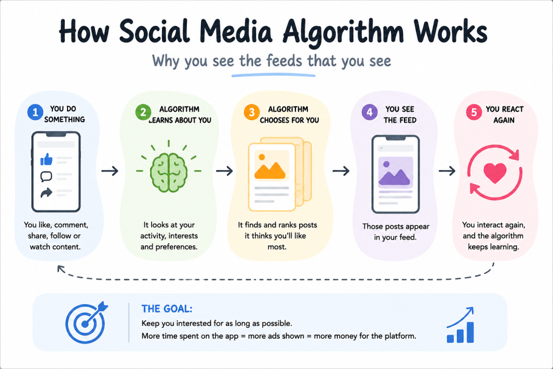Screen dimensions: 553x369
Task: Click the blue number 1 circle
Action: click(x=35, y=112)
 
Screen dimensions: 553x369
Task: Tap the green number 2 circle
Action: click(x=143, y=112)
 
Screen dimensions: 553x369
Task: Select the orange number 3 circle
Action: click(x=252, y=112)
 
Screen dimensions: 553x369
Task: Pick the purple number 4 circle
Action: click(x=369, y=112)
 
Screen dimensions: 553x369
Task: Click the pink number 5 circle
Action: click(x=474, y=112)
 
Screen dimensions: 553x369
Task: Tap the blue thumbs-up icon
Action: click(x=46, y=159)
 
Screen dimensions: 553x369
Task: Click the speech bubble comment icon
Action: click(x=46, y=176)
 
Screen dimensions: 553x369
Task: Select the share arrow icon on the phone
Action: click(x=46, y=193)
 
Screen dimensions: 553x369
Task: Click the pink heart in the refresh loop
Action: click(x=495, y=172)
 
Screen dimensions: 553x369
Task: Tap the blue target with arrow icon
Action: click(x=86, y=323)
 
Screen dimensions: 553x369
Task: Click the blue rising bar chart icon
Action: click(x=460, y=325)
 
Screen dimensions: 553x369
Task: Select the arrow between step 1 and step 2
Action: click(x=110, y=171)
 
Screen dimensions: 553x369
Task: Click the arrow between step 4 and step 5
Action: click(x=447, y=171)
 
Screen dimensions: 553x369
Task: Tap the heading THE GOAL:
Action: click(x=167, y=309)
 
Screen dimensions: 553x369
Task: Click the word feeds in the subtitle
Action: click(x=284, y=61)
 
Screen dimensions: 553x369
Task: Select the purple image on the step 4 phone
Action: click(x=395, y=172)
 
